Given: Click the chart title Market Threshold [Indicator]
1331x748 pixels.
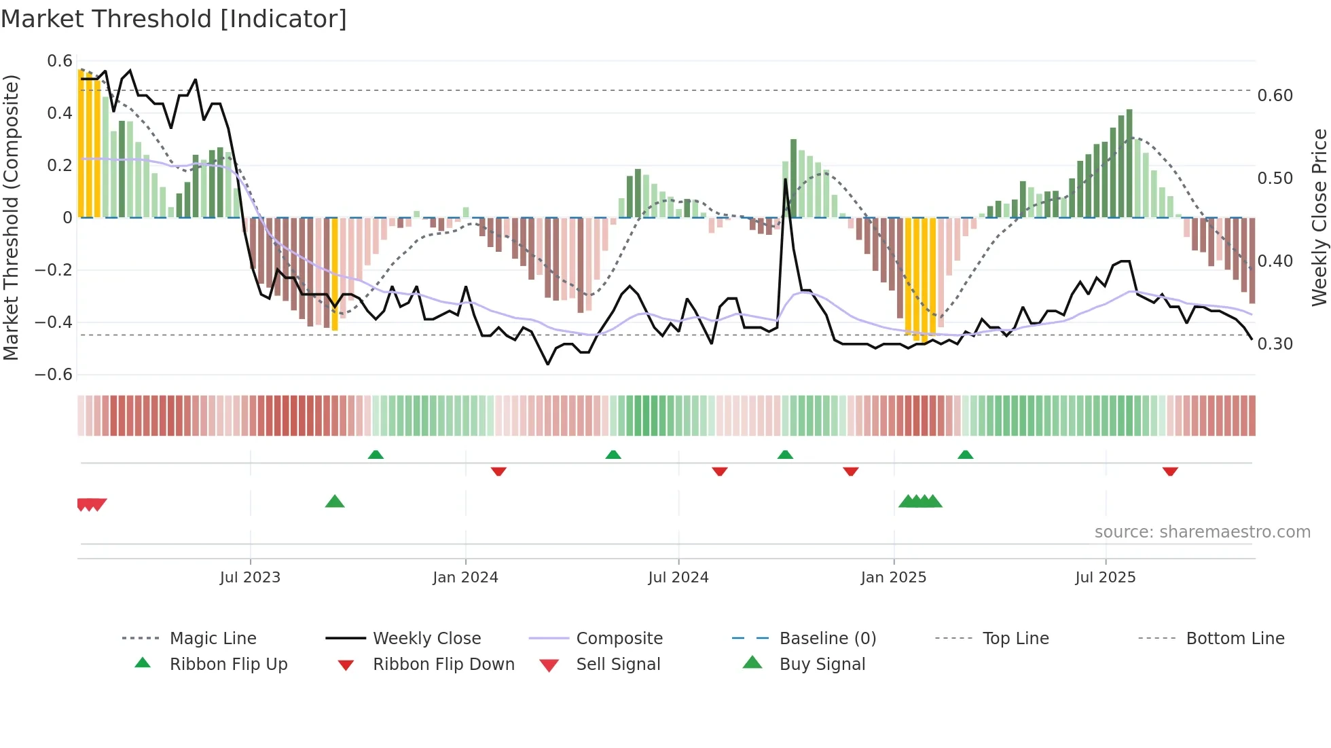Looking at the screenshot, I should (x=174, y=19).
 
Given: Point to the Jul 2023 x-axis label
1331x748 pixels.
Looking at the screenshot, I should (x=250, y=578).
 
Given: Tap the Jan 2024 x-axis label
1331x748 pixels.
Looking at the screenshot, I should (x=465, y=578).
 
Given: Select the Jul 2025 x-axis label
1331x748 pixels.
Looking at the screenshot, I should (x=1105, y=578).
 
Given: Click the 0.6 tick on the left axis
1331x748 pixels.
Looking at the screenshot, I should (x=60, y=61).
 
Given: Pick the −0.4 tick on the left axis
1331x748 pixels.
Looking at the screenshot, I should (x=54, y=322).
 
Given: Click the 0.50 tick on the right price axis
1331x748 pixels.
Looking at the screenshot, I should (x=1275, y=179).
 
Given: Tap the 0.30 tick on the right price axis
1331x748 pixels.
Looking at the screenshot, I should (x=1275, y=344).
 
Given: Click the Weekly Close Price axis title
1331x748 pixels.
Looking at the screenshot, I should (x=1319, y=217).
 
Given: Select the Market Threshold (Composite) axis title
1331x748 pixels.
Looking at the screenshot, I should (x=11, y=217).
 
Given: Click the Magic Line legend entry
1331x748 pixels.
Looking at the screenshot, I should (x=213, y=639).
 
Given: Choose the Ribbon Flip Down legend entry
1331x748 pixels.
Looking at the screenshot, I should (x=443, y=665).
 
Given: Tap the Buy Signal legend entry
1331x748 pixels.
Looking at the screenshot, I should (x=822, y=665).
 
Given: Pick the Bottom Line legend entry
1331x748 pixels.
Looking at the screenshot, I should (x=1235, y=639).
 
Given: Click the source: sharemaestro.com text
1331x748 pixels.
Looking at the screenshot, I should (x=1202, y=532).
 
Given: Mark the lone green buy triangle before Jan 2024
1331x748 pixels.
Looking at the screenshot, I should (x=335, y=502).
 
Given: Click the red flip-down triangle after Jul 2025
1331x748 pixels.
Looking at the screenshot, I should (x=1169, y=471).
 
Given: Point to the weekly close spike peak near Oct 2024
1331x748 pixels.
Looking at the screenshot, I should (x=786, y=180).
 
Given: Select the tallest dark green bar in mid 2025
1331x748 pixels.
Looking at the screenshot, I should (x=1129, y=163).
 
